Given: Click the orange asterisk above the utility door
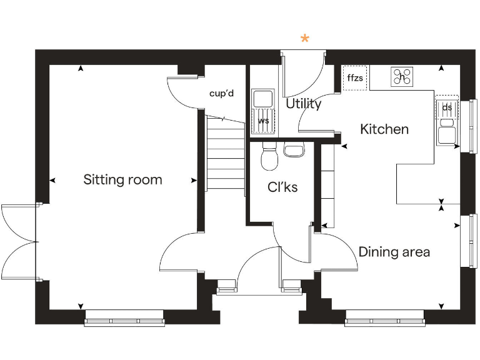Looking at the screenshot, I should [x=305, y=39].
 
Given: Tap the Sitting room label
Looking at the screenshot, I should [x=122, y=180].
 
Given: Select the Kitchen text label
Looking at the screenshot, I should [x=384, y=129].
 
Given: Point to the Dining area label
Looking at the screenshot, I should [x=394, y=252].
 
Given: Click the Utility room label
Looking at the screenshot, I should [x=303, y=104].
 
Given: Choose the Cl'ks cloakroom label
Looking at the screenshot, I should [x=282, y=187].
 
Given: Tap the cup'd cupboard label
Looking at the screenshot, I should [x=221, y=94].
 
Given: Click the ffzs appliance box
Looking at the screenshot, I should [x=355, y=78].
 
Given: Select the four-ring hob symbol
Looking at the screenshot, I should [x=402, y=76].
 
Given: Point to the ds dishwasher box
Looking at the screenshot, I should [x=447, y=107].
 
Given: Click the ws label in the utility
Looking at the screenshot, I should [x=263, y=121].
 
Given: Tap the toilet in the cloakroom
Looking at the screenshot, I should [x=269, y=157].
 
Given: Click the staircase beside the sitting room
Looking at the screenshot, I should [x=225, y=156].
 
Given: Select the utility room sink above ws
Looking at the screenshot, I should [x=262, y=99].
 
